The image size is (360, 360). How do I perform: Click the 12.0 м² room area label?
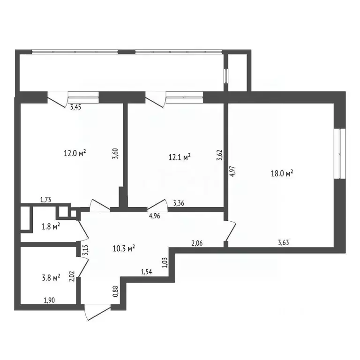[x=75, y=153]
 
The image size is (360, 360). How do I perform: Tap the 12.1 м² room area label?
[x=180, y=157]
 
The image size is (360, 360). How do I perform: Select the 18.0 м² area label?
[x=282, y=173]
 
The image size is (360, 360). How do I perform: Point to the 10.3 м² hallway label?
[x=124, y=248]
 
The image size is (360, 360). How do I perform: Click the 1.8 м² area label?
[x=51, y=226]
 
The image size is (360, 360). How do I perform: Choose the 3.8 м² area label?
[x=51, y=278]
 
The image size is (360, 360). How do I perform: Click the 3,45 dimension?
[x=75, y=107]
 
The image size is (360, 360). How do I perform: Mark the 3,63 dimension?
[x=283, y=243]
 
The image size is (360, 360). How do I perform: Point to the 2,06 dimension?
[x=197, y=243]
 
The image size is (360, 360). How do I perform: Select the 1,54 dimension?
[x=146, y=272]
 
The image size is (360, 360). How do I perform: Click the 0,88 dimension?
[x=116, y=291]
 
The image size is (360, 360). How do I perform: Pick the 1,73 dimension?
[x=45, y=200]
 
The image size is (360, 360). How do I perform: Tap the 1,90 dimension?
[x=49, y=300]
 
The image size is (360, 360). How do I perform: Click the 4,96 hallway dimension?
[x=154, y=216]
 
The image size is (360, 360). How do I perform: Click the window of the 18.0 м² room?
[x=340, y=154]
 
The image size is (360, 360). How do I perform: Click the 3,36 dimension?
[x=179, y=203]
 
